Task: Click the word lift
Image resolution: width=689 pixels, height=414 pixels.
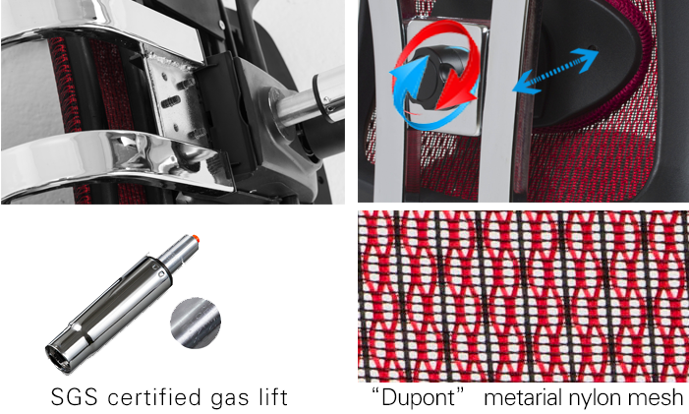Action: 271,396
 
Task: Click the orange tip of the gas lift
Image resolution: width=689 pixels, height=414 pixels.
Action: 196,239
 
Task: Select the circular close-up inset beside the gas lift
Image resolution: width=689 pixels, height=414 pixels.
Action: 196,323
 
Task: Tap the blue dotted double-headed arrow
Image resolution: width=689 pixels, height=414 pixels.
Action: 555,71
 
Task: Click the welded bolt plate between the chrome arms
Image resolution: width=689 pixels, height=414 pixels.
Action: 176,101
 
